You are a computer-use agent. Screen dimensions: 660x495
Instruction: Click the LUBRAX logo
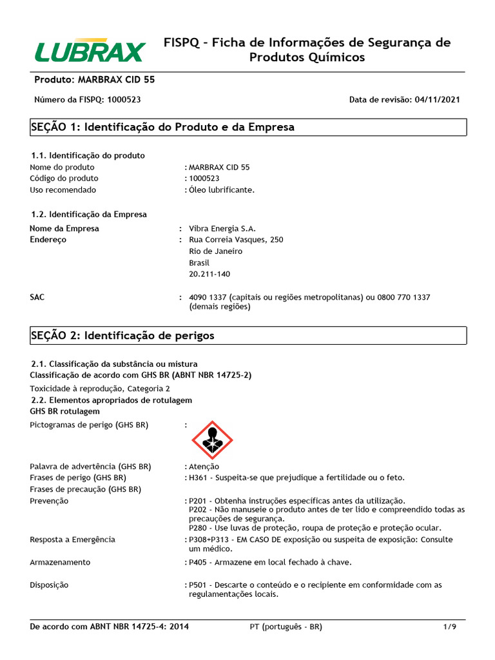coord(90,50)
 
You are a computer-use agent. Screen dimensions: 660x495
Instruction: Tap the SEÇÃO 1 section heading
coord(162,127)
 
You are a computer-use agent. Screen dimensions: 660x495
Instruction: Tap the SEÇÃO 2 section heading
coord(122,336)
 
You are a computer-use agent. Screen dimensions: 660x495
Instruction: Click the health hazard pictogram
coord(212,440)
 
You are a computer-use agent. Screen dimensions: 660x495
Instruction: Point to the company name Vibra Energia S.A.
coord(222,228)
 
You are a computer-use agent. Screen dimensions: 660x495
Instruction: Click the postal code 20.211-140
coord(209,275)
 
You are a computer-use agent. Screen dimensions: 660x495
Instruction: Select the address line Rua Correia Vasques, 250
coord(236,240)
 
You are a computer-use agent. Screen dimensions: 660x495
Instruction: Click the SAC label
coord(38,297)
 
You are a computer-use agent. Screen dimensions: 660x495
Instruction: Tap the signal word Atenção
coord(204,467)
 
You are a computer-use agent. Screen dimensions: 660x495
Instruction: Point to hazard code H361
coord(199,478)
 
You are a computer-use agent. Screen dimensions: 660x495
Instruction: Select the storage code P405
coord(199,562)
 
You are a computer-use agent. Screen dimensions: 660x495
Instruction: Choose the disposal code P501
coord(199,585)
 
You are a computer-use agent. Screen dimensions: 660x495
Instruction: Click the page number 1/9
coord(449,626)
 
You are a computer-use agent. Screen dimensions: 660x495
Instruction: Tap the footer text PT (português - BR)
coord(286,626)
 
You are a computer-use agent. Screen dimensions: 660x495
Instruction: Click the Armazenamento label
coord(60,562)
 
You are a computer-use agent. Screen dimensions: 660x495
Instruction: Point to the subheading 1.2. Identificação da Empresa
coord(89,214)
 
